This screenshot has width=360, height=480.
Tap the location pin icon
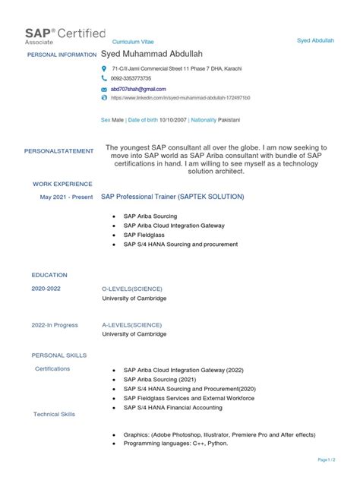pyautogui.click(x=105, y=68)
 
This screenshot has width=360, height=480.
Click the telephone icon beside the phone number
pyautogui.click(x=105, y=78)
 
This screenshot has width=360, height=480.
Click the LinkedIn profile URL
pyautogui.click(x=180, y=98)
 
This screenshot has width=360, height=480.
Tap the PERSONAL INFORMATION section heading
pyautogui.click(x=61, y=55)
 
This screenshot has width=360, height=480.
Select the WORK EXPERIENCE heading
pyautogui.click(x=62, y=184)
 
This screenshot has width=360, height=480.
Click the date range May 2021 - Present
pyautogui.click(x=67, y=197)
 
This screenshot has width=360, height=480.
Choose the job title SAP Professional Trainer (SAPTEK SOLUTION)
pyautogui.click(x=173, y=197)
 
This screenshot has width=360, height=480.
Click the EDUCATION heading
pyautogui.click(x=49, y=274)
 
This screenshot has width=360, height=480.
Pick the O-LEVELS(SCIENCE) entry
pyautogui.click(x=133, y=289)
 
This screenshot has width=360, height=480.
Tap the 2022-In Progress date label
pyautogui.click(x=55, y=325)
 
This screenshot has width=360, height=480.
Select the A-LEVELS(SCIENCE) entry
pyautogui.click(x=132, y=325)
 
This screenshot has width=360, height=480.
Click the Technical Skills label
pyautogui.click(x=55, y=414)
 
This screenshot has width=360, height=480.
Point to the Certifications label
pyautogui.click(x=52, y=368)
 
